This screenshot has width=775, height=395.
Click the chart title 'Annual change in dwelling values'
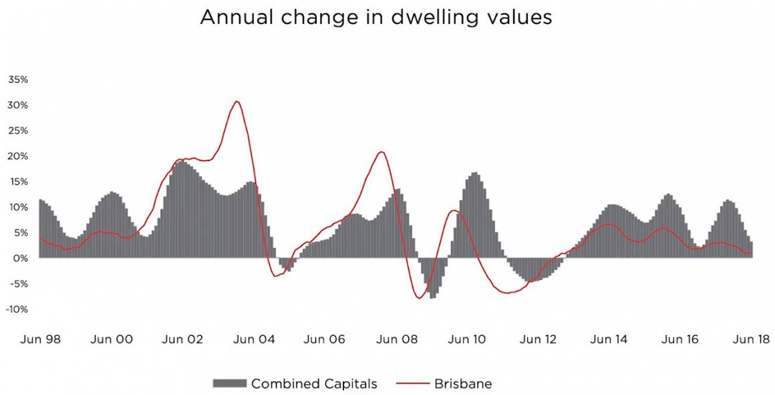pyautogui.click(x=376, y=17)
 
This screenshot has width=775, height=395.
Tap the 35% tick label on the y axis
pyautogui.click(x=18, y=80)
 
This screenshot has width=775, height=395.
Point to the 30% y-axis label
pyautogui.click(x=18, y=105)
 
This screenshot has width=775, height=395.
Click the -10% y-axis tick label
pyautogui.click(x=17, y=309)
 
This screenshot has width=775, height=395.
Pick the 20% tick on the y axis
pyautogui.click(x=18, y=156)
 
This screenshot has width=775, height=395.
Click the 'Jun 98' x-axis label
pyautogui.click(x=41, y=340)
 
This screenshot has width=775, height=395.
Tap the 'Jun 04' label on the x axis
pyautogui.click(x=253, y=340)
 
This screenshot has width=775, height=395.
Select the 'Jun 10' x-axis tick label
pyautogui.click(x=467, y=340)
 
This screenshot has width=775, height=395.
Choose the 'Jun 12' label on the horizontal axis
pyautogui.click(x=538, y=340)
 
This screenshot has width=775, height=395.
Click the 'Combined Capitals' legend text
pyautogui.click(x=314, y=384)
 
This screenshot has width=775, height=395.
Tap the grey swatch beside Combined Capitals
pyautogui.click(x=230, y=384)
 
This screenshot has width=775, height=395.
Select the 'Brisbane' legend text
pyautogui.click(x=463, y=384)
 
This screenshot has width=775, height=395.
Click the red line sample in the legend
pyautogui.click(x=412, y=384)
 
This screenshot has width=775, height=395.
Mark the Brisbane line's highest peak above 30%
pyautogui.click(x=236, y=102)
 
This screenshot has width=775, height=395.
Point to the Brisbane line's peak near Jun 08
pyautogui.click(x=381, y=152)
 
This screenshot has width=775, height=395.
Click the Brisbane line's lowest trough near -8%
pyautogui.click(x=419, y=298)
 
